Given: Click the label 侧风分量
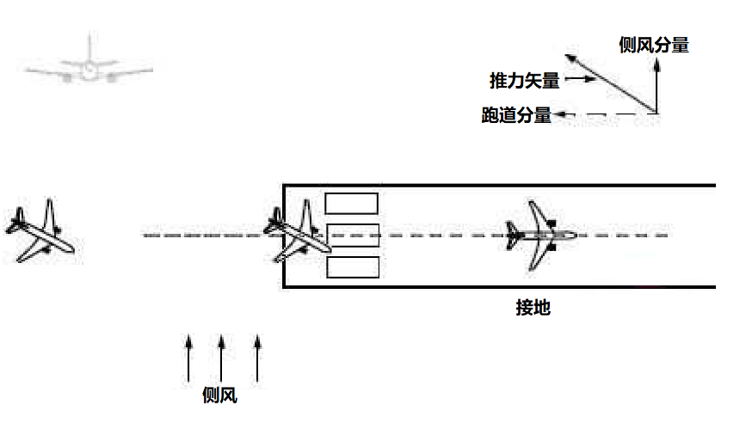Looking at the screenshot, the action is pyautogui.click(x=654, y=45).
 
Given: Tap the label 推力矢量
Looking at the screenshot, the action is pyautogui.click(x=524, y=81).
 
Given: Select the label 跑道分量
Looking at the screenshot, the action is pyautogui.click(x=516, y=115).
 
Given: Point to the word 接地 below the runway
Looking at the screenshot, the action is pyautogui.click(x=533, y=308).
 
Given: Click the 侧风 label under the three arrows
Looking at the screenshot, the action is pyautogui.click(x=219, y=395).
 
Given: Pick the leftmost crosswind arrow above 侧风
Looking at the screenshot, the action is pyautogui.click(x=188, y=358).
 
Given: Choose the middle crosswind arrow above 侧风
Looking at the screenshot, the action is pyautogui.click(x=221, y=358).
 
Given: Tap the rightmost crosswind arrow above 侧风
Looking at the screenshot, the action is pyautogui.click(x=257, y=358).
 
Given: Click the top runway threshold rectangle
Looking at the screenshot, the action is pyautogui.click(x=352, y=204).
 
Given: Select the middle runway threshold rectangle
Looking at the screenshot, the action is pyautogui.click(x=353, y=236).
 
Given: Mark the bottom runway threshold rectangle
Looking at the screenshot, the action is pyautogui.click(x=353, y=267).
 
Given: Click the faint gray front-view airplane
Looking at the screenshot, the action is pyautogui.click(x=89, y=61).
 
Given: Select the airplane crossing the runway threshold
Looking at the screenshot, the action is pyautogui.click(x=298, y=232).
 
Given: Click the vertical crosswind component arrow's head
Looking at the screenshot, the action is pyautogui.click(x=657, y=64).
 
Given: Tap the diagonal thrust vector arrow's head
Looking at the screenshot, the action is pyautogui.click(x=570, y=59).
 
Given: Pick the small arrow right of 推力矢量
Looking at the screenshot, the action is pyautogui.click(x=580, y=78).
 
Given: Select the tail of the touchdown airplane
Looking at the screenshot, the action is pyautogui.click(x=512, y=236).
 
